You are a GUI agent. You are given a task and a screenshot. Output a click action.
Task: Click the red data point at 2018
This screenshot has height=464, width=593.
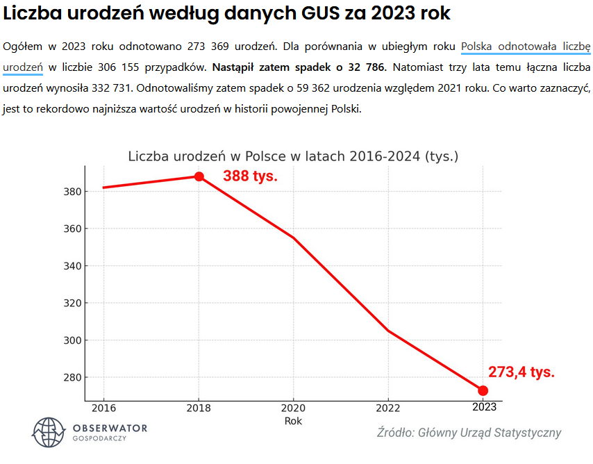click(199, 176)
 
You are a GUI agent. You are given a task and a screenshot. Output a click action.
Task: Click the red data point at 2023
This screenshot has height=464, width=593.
click(483, 390)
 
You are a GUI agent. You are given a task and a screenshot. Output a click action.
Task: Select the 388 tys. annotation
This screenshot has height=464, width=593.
click(250, 176)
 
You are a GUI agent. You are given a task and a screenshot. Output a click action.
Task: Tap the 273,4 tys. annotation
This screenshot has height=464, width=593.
click(521, 372)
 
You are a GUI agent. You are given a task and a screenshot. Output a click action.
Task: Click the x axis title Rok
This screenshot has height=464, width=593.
click(293, 421)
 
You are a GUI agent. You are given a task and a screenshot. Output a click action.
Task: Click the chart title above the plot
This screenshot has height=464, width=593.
click(293, 156)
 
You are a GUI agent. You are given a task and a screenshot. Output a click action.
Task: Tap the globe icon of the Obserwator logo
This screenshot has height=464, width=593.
click(48, 432)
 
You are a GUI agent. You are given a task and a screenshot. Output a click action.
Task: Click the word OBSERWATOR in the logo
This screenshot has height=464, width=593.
click(109, 427)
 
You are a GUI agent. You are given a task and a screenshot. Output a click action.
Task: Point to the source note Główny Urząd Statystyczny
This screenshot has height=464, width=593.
click(469, 433)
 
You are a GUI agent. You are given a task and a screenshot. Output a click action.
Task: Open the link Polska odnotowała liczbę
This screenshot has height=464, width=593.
click(526, 47)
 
